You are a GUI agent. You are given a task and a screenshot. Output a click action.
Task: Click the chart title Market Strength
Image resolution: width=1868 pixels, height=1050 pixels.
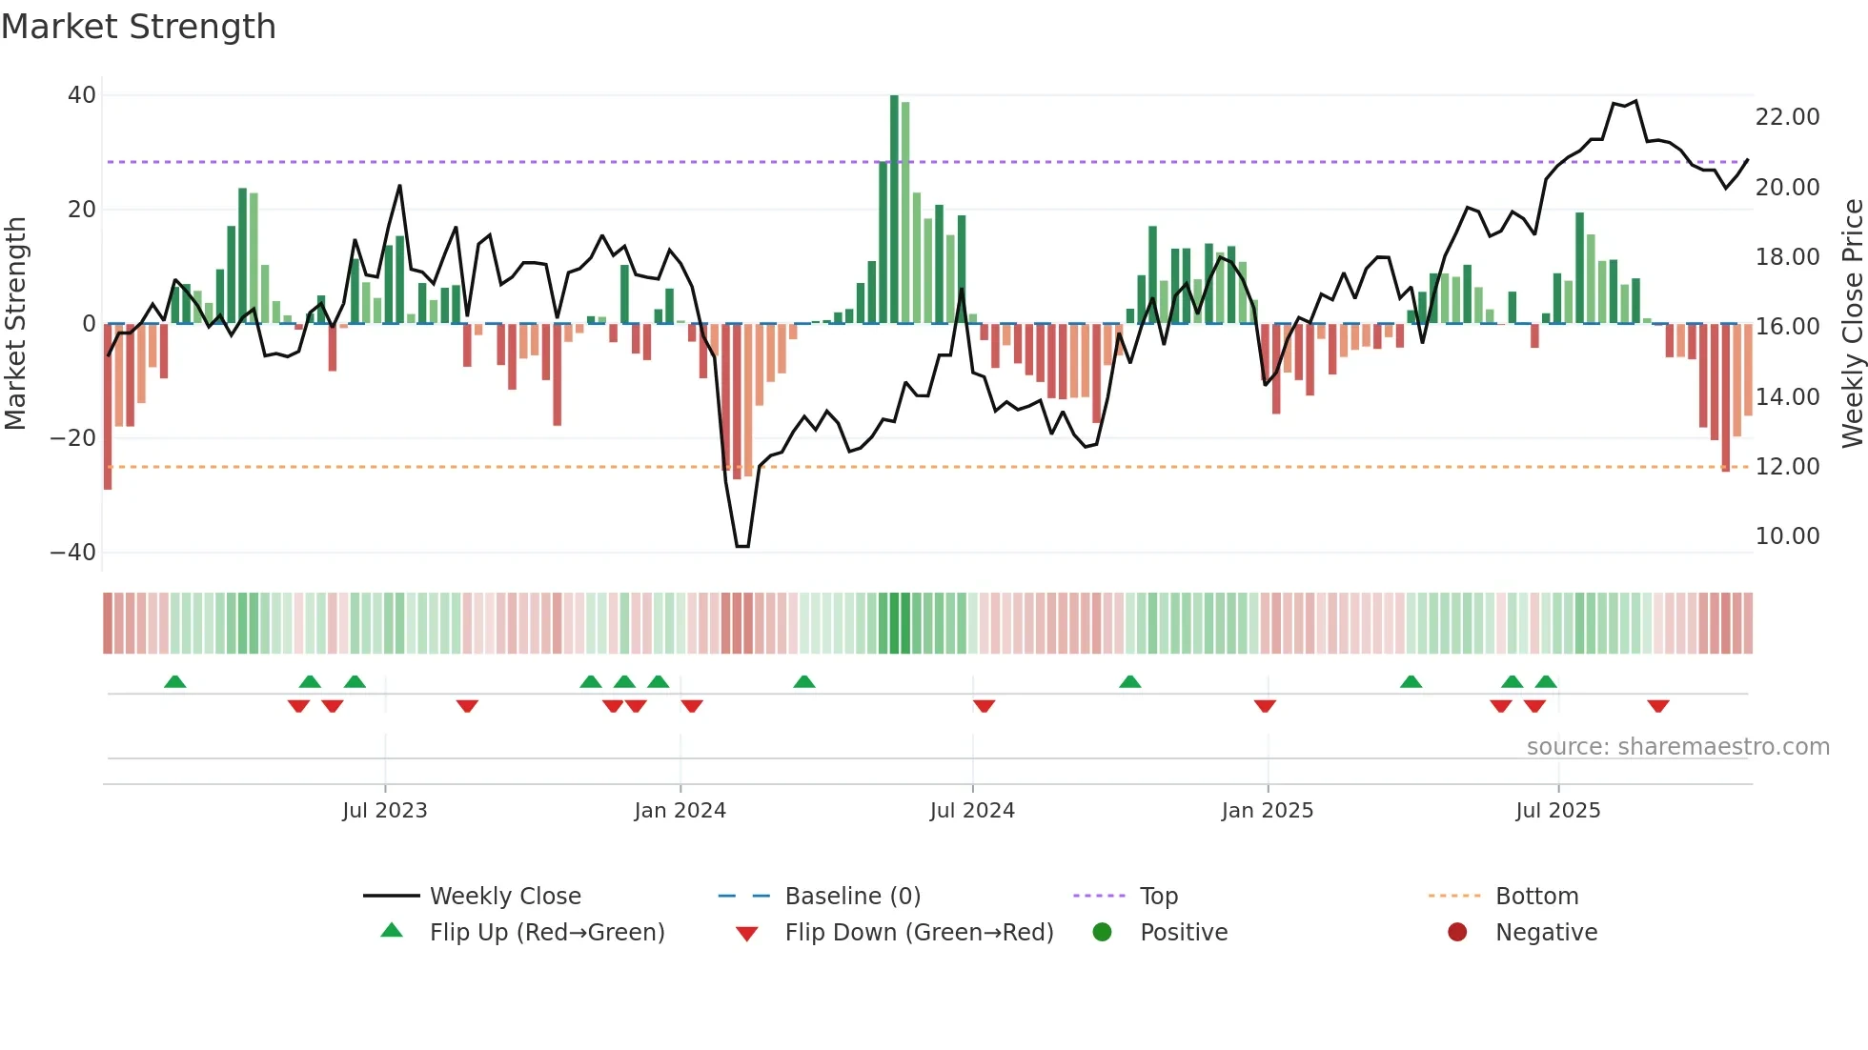138,27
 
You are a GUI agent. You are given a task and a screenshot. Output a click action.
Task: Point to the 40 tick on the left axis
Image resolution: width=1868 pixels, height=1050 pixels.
82,95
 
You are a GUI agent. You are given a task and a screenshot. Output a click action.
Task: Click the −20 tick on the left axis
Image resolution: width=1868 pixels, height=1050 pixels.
73,438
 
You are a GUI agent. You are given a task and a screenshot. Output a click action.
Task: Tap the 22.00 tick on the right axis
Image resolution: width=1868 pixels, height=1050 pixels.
1787,117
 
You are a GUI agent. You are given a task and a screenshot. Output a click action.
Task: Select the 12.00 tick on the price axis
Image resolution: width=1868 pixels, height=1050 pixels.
1787,467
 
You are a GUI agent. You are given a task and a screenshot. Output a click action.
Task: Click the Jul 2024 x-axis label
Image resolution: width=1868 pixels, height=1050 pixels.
972,811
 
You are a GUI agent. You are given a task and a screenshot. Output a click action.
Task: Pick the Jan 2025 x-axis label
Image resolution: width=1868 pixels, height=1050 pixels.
1267,811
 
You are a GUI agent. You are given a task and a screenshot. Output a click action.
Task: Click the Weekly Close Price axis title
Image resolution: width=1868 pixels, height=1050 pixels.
1852,324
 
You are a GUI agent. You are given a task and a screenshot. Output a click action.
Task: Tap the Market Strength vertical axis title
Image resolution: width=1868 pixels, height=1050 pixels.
16,324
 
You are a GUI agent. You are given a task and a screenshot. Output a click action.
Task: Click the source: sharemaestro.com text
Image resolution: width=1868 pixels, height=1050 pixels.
1677,747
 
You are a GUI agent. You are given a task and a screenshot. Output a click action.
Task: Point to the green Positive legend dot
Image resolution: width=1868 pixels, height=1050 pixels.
1103,933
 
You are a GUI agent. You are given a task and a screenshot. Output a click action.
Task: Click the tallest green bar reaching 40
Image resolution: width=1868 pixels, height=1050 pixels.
894,210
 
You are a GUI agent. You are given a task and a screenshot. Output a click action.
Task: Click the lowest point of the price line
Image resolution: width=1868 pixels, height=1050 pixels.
742,546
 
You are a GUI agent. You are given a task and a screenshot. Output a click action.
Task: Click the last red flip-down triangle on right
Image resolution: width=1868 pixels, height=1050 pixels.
1657,706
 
